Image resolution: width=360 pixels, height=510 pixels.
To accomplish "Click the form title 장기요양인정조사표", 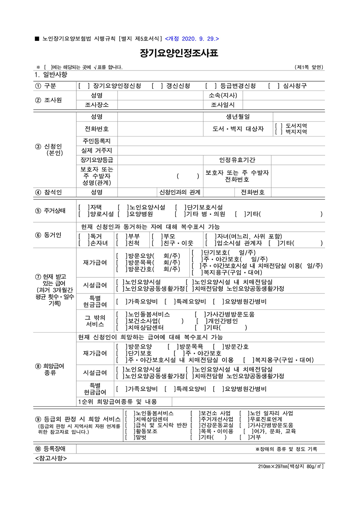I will point(180,54).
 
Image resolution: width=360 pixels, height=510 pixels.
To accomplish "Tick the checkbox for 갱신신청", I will point(156,86).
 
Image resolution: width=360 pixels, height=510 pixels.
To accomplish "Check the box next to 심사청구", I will point(273,86).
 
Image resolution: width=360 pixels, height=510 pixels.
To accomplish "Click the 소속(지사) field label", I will point(223,95).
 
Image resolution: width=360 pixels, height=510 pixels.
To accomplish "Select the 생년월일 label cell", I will point(238,116).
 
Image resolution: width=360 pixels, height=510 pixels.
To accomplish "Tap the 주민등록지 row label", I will point(97,141).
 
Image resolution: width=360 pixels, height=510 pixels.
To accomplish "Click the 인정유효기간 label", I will point(237,160).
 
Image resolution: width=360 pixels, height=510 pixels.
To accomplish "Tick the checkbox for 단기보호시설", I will point(180,207).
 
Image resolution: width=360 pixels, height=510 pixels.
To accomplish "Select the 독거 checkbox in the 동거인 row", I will point(83,237).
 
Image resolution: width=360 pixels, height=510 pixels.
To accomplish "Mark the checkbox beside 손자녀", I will point(83,243).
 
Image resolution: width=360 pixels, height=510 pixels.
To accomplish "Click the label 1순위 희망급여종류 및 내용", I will point(118,402).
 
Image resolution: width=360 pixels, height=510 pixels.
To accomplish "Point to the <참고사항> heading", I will point(51,458).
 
